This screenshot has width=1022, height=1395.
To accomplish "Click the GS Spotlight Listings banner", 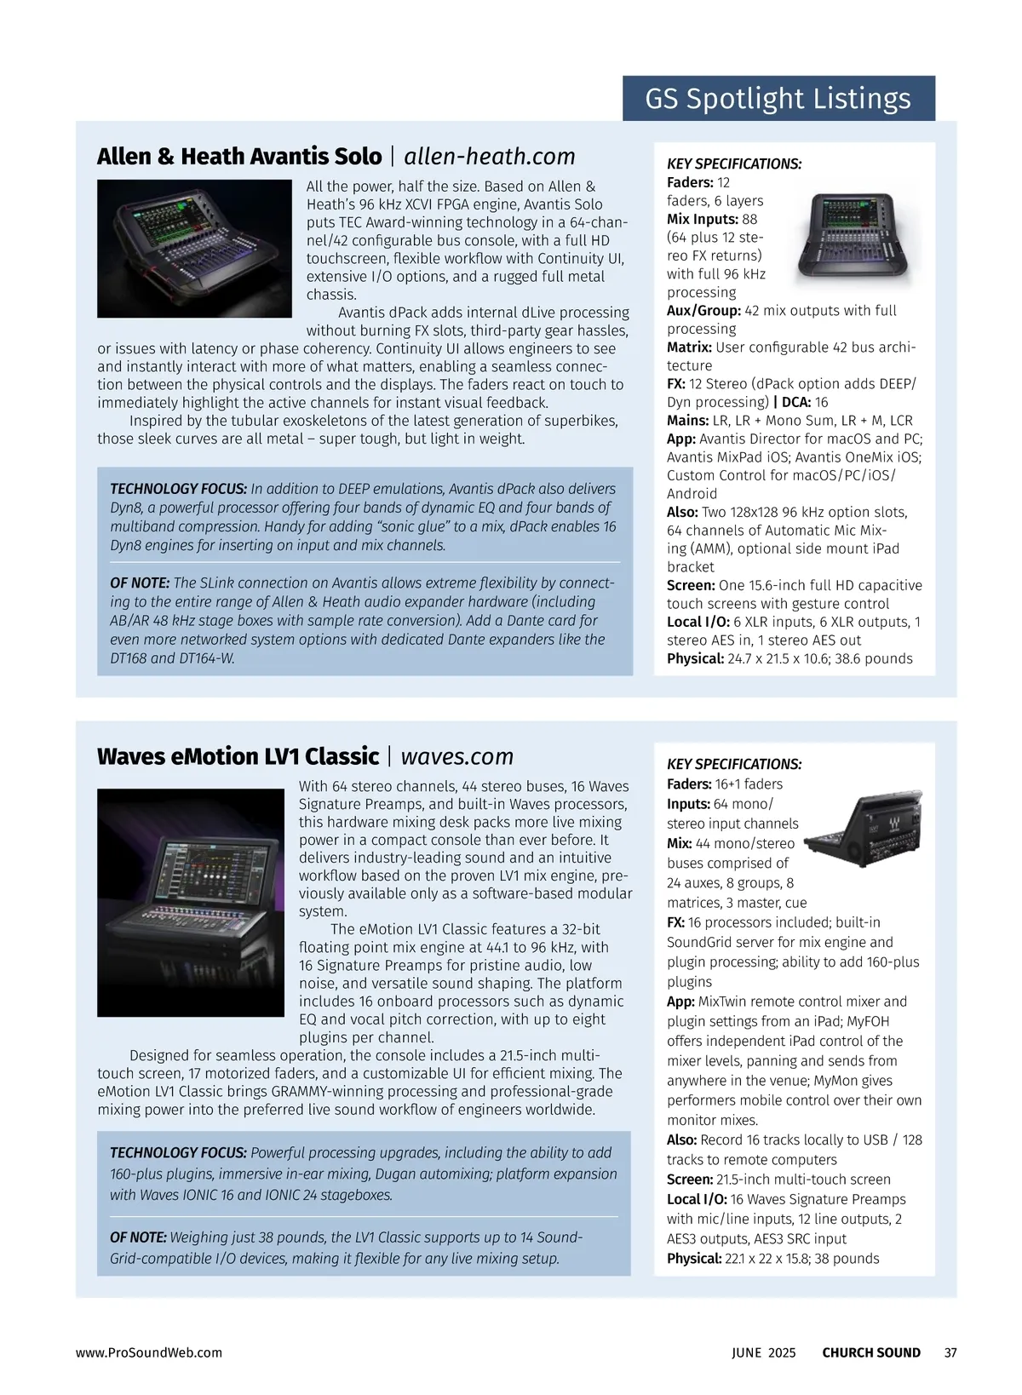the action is coord(778,99).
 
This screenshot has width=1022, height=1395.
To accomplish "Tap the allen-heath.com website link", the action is coord(490,157).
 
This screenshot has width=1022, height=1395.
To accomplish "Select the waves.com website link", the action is coord(457,756).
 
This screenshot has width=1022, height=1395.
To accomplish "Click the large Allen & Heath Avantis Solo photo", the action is coord(194,249).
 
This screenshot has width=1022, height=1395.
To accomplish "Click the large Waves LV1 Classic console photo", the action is coord(191,903).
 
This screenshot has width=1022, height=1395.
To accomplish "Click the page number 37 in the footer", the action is coord(950,1352).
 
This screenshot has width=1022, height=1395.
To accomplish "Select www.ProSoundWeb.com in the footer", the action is coord(149,1352).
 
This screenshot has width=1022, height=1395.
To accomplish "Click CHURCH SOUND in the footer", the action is coord(871,1352).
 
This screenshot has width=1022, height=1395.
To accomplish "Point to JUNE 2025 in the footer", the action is coord(764,1352).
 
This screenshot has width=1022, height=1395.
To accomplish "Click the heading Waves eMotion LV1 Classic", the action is coord(238,756).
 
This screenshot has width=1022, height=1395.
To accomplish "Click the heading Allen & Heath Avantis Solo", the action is coord(239,157).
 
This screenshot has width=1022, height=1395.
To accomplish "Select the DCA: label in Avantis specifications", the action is coord(798,402).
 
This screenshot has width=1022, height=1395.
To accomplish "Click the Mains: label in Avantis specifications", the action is coord(688,421).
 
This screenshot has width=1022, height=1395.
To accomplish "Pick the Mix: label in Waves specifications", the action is coord(680,844).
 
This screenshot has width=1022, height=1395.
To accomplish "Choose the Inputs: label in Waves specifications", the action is coord(688,805).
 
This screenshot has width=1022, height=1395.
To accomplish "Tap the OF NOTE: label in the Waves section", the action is coord(138,1237).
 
